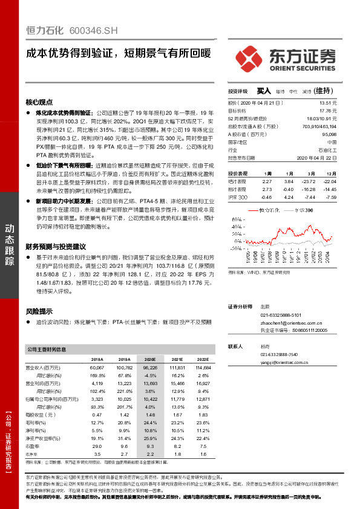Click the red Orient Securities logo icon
coord(249,56)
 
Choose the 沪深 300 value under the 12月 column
coord(330,197)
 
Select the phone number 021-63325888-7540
coord(279,354)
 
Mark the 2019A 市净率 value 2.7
coord(124,453)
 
